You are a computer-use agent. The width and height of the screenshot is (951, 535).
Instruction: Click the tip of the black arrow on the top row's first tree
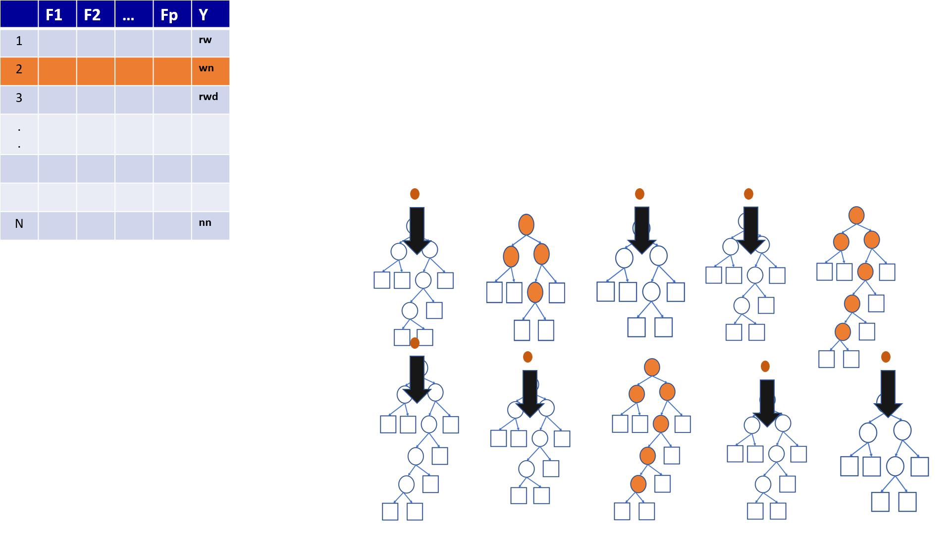(417, 255)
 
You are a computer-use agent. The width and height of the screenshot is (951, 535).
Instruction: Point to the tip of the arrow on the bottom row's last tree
(888, 417)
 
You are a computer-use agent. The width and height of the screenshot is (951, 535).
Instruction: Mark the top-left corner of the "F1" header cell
(39, 0)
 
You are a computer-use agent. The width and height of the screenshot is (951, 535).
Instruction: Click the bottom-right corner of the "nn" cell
(229, 240)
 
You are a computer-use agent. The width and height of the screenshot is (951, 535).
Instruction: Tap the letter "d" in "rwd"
(214, 96)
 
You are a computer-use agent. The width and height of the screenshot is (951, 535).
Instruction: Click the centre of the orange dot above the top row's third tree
(639, 194)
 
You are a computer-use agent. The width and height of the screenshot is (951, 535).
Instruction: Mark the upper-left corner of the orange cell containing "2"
(0, 57)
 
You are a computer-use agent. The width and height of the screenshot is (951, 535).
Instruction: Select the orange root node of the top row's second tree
(526, 224)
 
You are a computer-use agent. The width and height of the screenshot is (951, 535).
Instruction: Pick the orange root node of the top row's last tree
(856, 215)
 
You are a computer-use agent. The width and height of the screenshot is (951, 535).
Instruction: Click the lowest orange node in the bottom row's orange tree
(638, 484)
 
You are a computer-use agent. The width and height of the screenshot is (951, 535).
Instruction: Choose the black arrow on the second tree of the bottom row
(530, 394)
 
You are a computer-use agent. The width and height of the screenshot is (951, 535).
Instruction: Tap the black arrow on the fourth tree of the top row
(751, 230)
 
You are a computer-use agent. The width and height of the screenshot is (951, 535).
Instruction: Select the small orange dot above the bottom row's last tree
(886, 357)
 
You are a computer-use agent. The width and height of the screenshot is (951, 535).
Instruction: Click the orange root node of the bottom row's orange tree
(652, 367)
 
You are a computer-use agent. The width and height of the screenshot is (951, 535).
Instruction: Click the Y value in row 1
(205, 40)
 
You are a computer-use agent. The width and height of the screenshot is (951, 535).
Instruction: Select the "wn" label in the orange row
(206, 68)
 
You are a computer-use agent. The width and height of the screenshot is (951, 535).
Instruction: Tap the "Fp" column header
(169, 15)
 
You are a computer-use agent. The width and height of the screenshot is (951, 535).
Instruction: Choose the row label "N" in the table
(19, 223)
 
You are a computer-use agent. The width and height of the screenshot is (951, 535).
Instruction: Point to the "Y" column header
(203, 14)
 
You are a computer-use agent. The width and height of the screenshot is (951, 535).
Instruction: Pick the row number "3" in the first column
(19, 98)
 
